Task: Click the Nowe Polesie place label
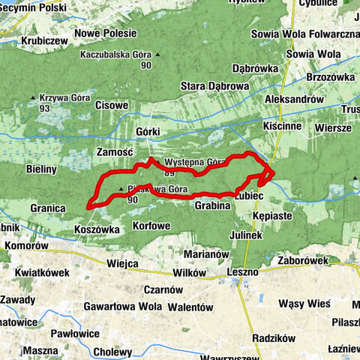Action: point(105,33)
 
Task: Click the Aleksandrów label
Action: point(294,99)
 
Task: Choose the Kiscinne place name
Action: point(283,126)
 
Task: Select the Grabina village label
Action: point(212,205)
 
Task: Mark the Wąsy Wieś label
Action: point(304,304)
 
